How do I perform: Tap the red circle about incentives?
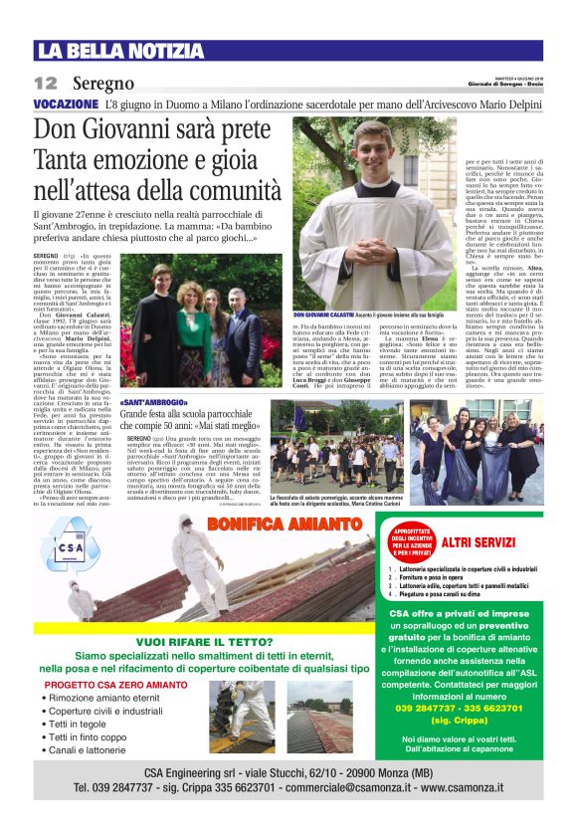point(411,541)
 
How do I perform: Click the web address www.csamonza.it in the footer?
point(478,787)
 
